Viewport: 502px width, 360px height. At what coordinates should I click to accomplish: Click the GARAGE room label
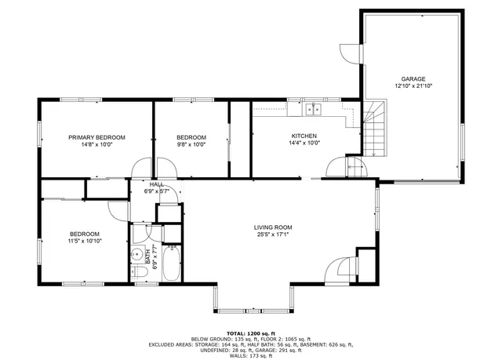click(413, 79)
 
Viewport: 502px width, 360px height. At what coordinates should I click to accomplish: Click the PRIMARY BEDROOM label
click(96, 137)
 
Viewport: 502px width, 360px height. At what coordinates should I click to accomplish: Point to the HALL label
click(157, 184)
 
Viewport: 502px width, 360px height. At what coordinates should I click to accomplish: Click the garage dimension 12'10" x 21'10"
click(413, 86)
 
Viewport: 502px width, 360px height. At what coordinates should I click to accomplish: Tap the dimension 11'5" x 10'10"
click(85, 241)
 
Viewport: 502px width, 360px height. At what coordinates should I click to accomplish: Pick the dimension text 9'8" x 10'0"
click(191, 144)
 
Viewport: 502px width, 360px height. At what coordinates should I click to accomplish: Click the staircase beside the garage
click(374, 128)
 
